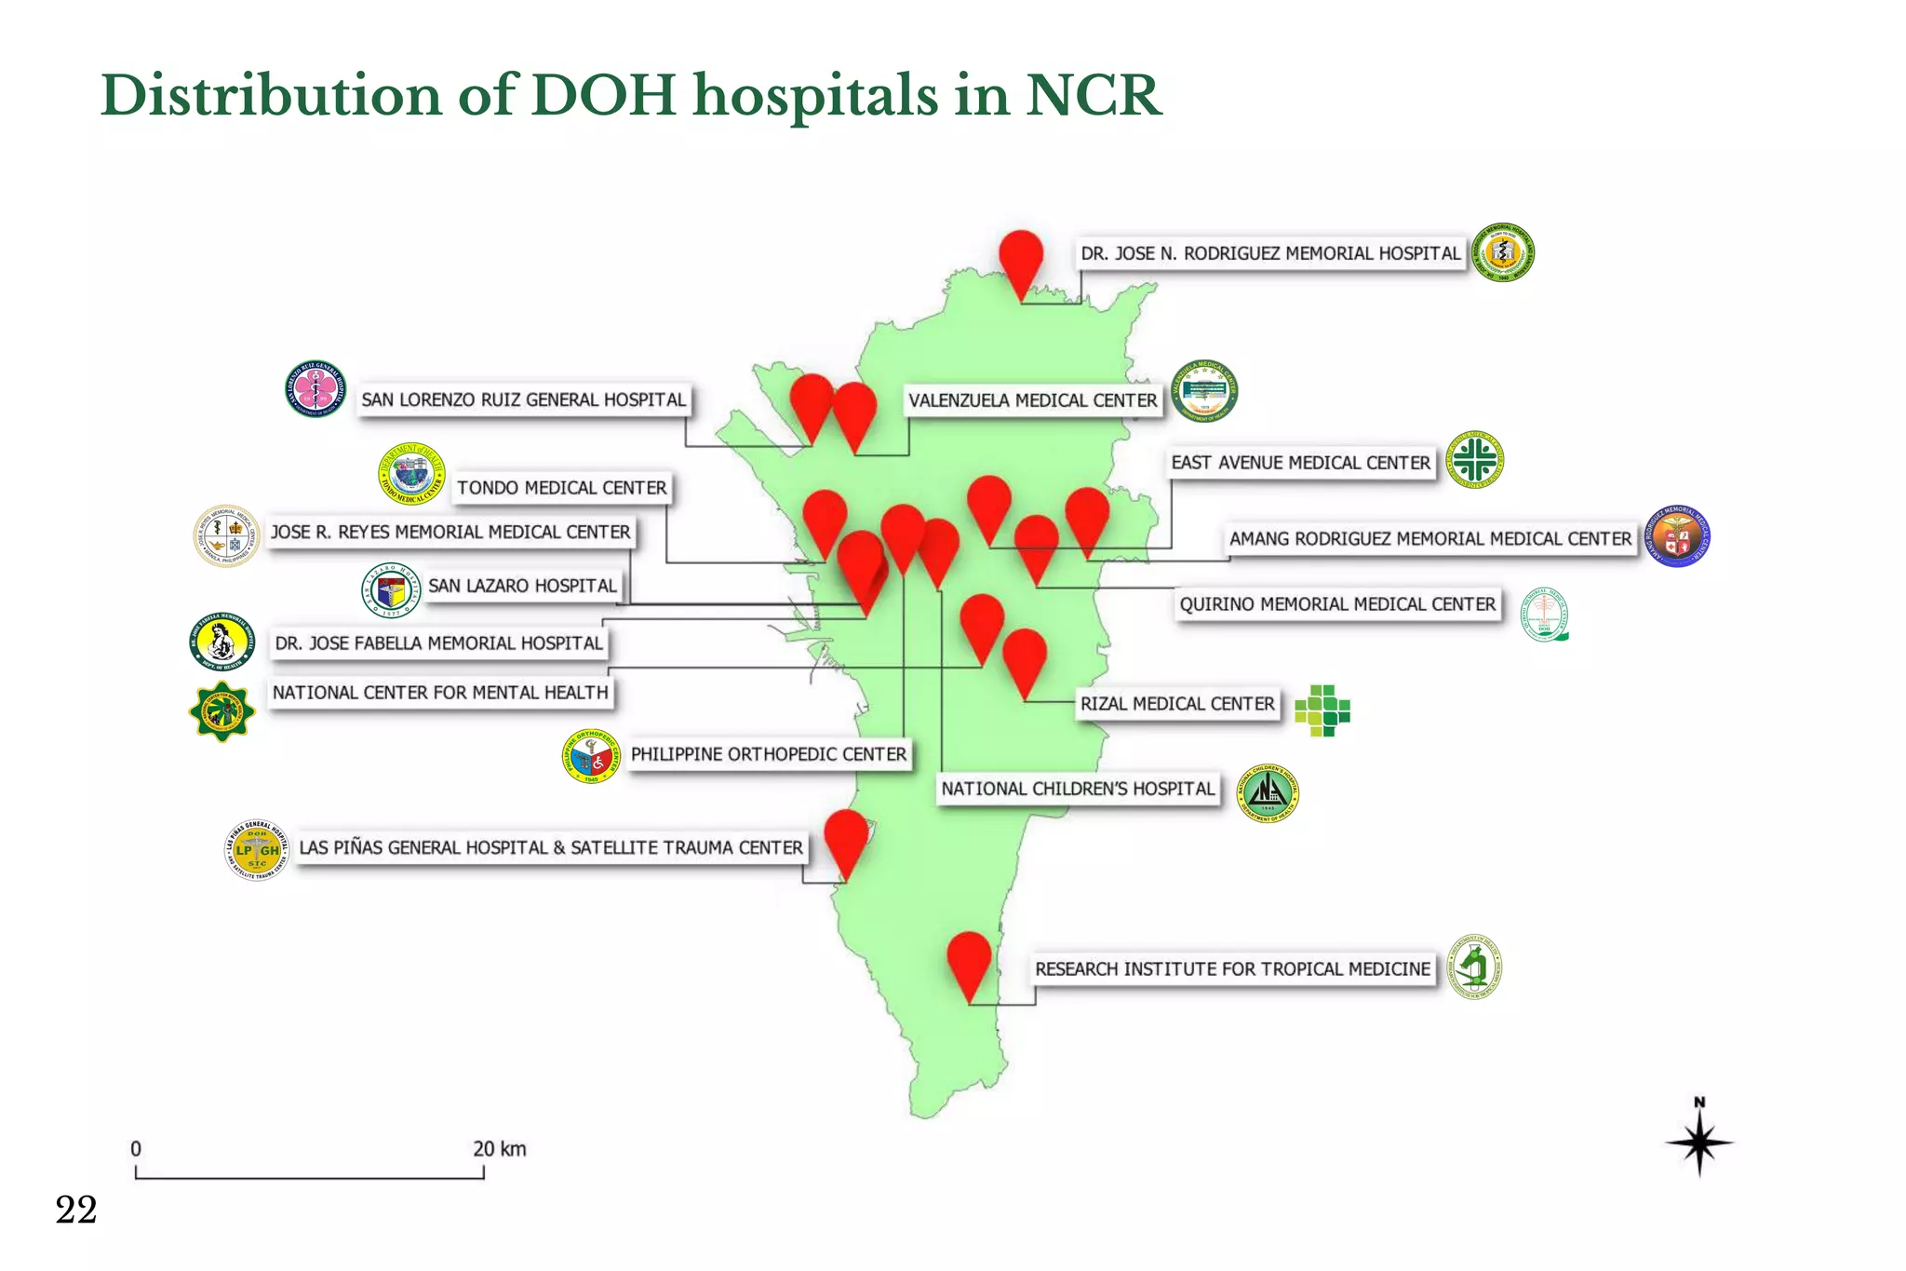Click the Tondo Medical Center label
[561, 488]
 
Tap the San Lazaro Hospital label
[522, 586]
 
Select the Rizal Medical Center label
[1177, 704]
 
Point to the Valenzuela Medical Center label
[1033, 400]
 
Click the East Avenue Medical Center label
[1300, 463]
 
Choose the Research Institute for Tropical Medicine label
[1232, 969]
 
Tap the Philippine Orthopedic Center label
[768, 754]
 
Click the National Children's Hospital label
[1078, 789]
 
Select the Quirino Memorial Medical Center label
[1337, 604]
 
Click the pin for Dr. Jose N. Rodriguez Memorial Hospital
[1021, 259]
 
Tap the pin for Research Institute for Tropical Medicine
[969, 961]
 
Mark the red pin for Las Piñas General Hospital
[846, 838]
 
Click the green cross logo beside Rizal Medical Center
[1322, 710]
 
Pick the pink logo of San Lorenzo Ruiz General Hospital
[315, 389]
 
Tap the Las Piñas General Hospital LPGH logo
[257, 851]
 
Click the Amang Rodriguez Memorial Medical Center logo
[1678, 537]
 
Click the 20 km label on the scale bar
[499, 1149]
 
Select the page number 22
[76, 1210]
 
